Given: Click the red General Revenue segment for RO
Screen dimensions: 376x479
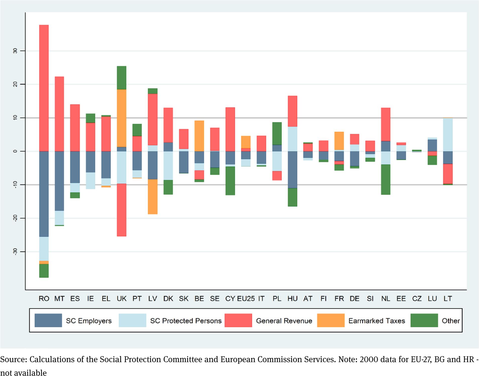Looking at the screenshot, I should (44, 88).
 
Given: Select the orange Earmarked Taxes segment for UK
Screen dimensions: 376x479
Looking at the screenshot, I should (122, 118).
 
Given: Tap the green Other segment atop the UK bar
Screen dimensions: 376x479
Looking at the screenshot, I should (122, 78).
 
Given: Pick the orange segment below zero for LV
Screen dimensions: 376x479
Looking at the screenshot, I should (153, 197).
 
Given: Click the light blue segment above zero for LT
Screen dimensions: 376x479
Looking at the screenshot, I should (448, 134).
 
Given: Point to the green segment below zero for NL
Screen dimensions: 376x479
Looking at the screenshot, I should (386, 179).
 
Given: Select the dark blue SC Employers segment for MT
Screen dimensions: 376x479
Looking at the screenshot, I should (59, 181).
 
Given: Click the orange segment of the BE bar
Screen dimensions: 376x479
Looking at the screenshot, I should (199, 136).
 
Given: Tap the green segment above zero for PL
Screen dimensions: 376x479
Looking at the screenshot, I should (277, 133).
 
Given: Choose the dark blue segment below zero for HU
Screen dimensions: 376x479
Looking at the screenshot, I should (292, 170).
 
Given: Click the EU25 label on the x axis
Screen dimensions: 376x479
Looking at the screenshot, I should (246, 299).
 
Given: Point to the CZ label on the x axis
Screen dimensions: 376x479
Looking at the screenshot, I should (417, 299).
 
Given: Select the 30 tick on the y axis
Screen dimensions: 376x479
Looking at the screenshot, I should (15, 51).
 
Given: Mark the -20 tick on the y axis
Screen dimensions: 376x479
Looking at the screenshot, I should (15, 218).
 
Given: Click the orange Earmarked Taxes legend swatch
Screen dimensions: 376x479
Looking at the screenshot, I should (331, 320).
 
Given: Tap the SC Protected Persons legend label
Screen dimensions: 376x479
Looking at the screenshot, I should (186, 321).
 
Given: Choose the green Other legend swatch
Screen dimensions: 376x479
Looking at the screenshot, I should (424, 320).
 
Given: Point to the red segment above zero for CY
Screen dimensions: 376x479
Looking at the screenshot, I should (230, 129).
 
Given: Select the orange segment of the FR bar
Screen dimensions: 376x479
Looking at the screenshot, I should (339, 141).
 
